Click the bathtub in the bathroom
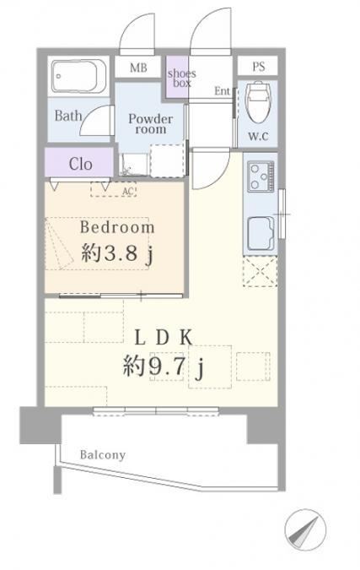[78, 76]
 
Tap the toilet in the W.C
[258, 102]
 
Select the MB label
[138, 68]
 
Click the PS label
[258, 67]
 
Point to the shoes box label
[181, 79]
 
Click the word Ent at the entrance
[222, 91]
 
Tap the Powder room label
[151, 124]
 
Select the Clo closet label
[81, 165]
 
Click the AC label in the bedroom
[128, 191]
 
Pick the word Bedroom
[117, 227]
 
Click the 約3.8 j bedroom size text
[117, 253]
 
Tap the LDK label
[164, 338]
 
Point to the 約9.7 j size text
[164, 366]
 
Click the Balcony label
[103, 455]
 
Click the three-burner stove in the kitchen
[261, 176]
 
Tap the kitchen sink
[261, 231]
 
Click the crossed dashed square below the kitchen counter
[260, 271]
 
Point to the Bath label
[68, 117]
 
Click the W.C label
[258, 136]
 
